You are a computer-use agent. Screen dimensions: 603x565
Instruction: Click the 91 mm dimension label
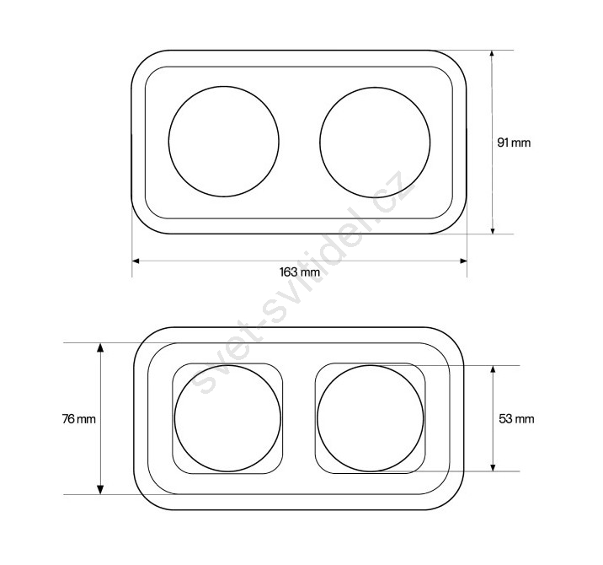pyautogui.click(x=514, y=143)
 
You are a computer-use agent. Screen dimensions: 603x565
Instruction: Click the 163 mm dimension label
pyautogui.click(x=300, y=272)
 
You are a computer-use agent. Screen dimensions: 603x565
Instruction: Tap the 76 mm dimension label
pyautogui.click(x=79, y=419)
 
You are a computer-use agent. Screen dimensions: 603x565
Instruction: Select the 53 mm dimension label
pyautogui.click(x=516, y=418)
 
